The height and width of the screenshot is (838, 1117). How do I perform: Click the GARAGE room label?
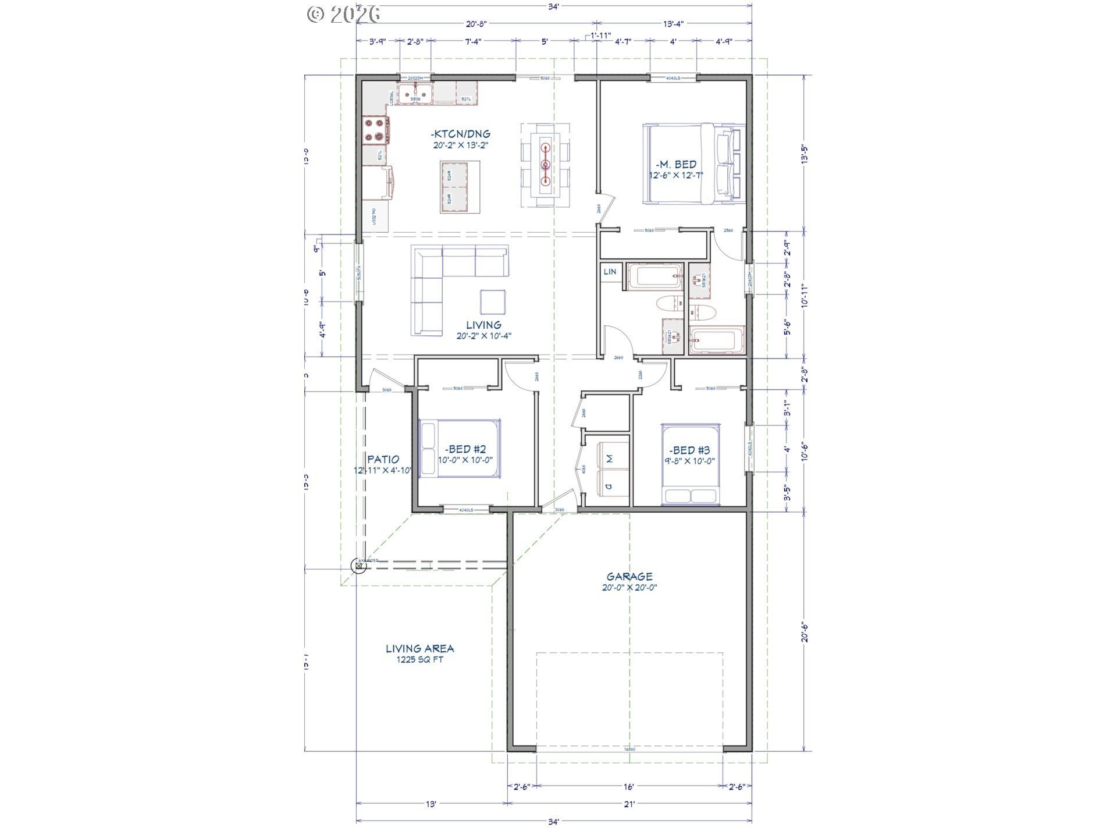629,577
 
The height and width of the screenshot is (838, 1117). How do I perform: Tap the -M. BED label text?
677,165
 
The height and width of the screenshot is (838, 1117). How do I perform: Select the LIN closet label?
610,272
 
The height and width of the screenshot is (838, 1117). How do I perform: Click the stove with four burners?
375,130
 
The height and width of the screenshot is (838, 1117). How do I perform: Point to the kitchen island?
460,187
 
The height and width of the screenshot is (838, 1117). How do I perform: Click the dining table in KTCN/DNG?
546,165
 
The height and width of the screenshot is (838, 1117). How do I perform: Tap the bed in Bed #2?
460,448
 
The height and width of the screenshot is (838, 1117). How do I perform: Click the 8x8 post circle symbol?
359,564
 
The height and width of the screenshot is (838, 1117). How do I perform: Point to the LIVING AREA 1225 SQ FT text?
419,654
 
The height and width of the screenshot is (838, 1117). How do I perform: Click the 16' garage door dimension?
628,787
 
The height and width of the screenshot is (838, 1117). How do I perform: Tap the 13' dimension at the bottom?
431,804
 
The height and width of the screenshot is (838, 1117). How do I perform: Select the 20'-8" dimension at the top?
476,24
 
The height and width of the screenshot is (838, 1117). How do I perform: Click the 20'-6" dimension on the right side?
804,632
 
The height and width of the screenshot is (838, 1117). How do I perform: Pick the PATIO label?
383,459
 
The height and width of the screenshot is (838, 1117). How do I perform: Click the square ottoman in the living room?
493,301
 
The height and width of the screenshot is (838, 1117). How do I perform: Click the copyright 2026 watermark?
344,14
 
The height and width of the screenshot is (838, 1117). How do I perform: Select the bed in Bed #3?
690,464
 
